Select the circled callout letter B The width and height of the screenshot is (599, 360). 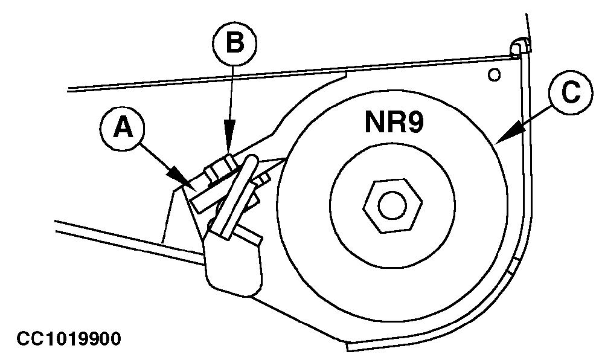pos(234,43)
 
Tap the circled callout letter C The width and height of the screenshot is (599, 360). pos(571,92)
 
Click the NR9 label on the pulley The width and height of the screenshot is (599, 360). pos(394,122)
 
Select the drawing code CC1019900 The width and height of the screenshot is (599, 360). pos(68,339)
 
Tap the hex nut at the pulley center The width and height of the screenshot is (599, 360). pos(392,205)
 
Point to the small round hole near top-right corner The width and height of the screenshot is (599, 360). pos(495,74)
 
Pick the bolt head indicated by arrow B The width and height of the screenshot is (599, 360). pos(221,169)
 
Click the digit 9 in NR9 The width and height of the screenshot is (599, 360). pos(415,122)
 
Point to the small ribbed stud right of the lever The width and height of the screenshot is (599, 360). pos(264,179)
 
